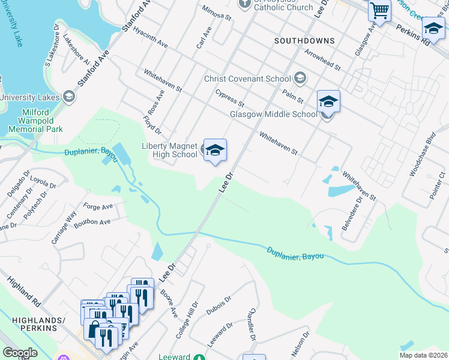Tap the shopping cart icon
[379, 10]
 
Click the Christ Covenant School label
[248, 79]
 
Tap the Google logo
[20, 353]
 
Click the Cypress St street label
[230, 95]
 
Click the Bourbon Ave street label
[96, 222]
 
